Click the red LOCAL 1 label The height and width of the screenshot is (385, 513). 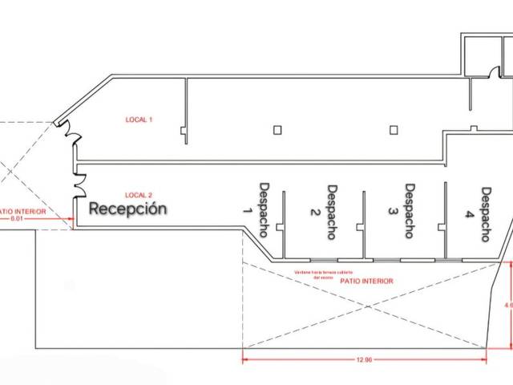[139, 120]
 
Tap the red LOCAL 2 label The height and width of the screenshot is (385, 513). [139, 195]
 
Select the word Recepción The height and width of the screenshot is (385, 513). [128, 209]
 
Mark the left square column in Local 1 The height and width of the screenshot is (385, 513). [277, 130]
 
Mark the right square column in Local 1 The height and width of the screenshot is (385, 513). [394, 130]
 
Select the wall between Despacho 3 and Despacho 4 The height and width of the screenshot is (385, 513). [445, 220]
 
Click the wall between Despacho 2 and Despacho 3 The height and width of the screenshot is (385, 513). [364, 225]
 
